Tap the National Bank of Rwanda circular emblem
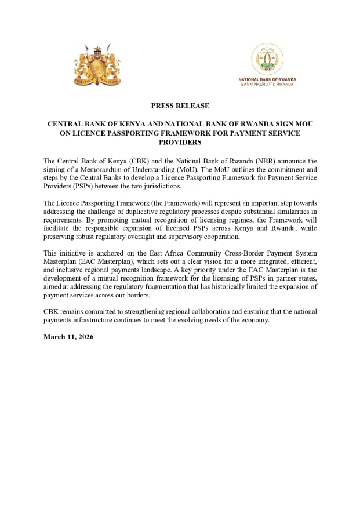tap(267, 59)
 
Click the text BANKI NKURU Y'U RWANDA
tap(267, 84)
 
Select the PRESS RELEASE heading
tap(180, 106)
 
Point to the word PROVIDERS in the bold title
tap(180, 142)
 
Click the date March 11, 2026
tap(68, 337)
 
